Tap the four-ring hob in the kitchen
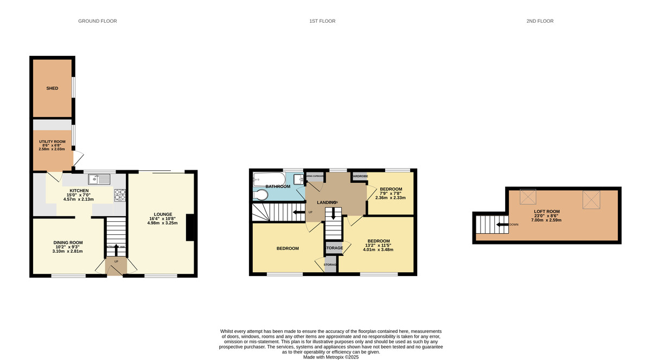point(119,194)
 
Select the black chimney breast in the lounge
point(189,227)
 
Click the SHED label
point(52,88)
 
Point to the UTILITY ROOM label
point(52,142)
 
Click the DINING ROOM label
point(68,242)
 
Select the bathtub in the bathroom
point(267,177)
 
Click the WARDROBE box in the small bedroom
point(359,176)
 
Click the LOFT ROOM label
point(546,211)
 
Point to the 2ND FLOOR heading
point(540,21)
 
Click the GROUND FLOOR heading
point(98,21)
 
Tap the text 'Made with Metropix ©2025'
point(330,357)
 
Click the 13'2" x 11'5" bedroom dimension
point(378,245)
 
